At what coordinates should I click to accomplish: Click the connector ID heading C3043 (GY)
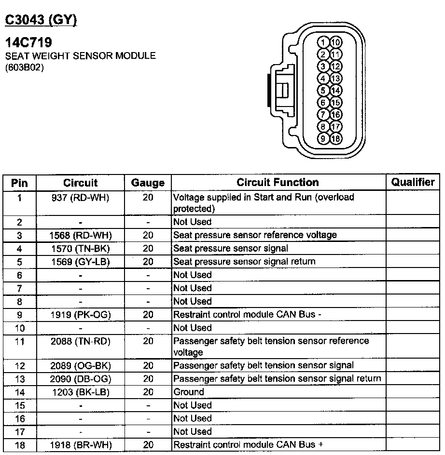41,20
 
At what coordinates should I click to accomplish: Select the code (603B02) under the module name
25,68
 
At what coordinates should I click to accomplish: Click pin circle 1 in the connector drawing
324,42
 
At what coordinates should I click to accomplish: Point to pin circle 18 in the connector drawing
336,139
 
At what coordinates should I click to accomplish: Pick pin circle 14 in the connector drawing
336,91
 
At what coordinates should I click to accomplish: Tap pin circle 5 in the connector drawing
324,91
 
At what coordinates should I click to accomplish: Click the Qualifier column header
413,182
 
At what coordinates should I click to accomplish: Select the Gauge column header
148,183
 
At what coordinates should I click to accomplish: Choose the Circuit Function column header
278,182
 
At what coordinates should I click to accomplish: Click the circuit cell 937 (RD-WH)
80,197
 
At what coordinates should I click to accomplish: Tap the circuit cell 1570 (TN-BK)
80,248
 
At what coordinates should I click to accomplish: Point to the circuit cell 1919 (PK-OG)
80,314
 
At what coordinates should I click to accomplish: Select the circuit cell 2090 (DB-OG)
80,379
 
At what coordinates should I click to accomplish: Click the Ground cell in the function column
189,392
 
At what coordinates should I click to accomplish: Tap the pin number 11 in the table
19,341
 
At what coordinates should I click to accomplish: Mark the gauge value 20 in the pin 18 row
148,445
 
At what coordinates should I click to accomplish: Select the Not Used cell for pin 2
192,222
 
